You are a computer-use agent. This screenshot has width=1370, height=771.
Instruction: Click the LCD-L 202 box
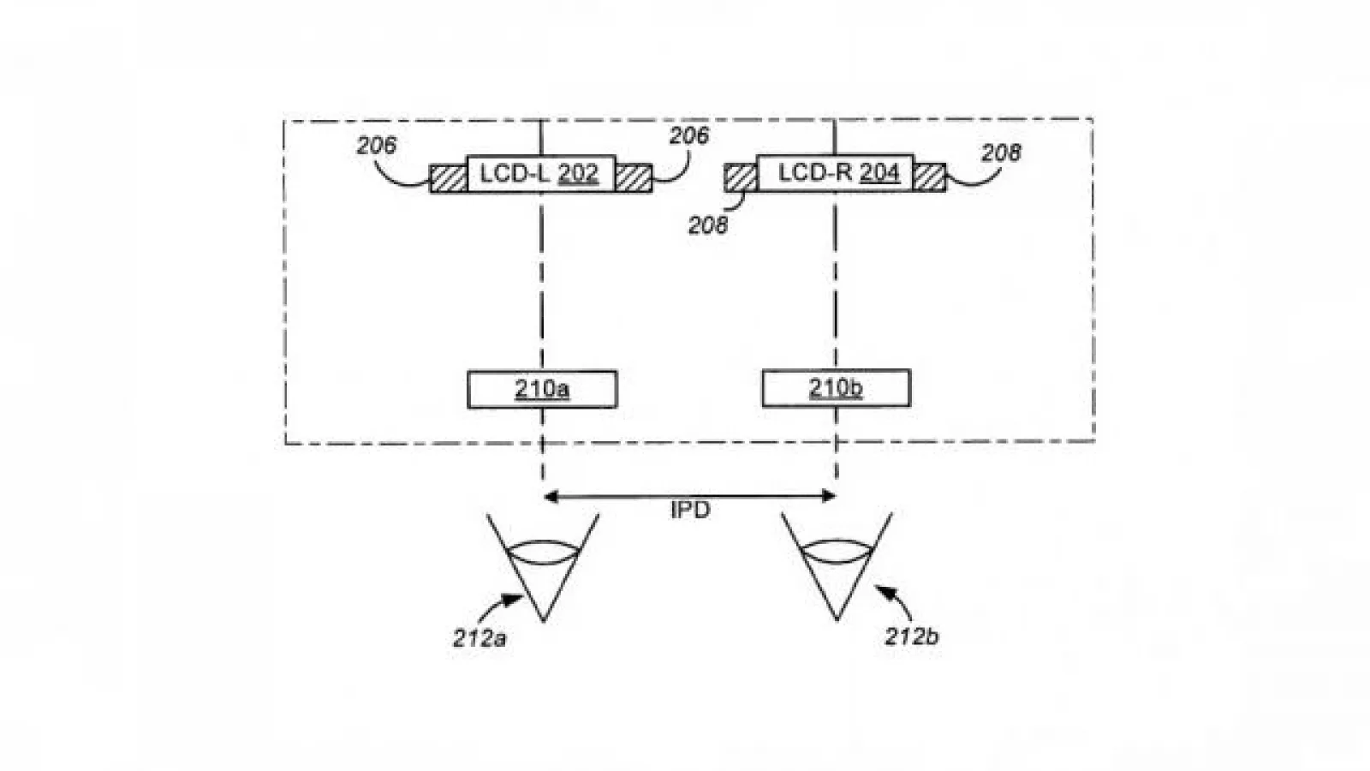(541, 174)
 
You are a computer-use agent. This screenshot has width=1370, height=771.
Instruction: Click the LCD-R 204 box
(836, 173)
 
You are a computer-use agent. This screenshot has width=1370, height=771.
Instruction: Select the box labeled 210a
(542, 389)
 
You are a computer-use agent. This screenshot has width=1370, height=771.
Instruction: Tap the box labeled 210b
(836, 388)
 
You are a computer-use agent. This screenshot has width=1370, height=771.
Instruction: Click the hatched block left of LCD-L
(449, 179)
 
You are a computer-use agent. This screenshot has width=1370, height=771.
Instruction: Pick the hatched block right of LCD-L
(634, 179)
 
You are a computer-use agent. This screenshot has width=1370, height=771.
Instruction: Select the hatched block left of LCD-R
(741, 177)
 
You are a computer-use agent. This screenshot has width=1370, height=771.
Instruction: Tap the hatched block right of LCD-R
(930, 177)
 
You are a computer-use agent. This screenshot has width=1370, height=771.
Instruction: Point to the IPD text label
(690, 510)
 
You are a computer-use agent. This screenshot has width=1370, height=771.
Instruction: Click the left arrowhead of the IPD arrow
(551, 496)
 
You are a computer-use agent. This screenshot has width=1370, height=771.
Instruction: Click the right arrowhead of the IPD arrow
(829, 496)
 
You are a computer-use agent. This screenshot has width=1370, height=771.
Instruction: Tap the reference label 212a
(479, 639)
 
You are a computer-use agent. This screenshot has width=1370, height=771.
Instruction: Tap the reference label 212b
(911, 637)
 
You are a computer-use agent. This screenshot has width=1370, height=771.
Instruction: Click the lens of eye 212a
(544, 552)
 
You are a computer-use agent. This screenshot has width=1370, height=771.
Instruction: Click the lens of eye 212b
(837, 551)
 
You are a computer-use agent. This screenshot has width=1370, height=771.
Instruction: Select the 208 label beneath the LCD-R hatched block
(708, 226)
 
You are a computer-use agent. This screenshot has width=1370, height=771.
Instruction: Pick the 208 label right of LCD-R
(1001, 153)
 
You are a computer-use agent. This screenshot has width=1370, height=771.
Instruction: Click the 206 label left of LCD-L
(377, 146)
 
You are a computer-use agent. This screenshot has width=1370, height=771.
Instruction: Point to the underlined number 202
(578, 174)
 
